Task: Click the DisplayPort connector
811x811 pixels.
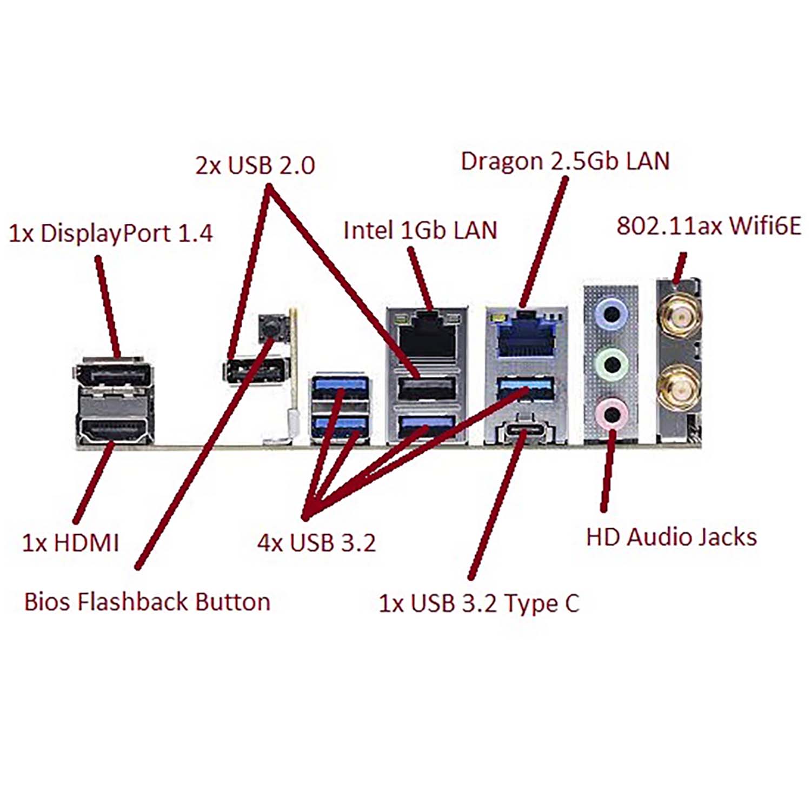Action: point(114,374)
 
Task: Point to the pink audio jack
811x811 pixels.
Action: point(611,414)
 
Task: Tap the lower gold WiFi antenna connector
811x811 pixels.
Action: point(678,387)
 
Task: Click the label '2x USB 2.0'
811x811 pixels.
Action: point(255,165)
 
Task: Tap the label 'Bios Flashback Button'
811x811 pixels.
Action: point(147,602)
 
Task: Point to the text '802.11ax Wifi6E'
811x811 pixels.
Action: point(709,225)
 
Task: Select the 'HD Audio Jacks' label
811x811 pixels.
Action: point(671,537)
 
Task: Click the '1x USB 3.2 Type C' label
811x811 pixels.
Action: point(479,603)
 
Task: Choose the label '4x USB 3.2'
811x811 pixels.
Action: point(316,542)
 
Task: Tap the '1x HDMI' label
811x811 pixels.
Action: point(70,542)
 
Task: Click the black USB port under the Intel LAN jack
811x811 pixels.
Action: point(426,388)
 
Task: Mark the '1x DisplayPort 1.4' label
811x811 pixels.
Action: point(111,233)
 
